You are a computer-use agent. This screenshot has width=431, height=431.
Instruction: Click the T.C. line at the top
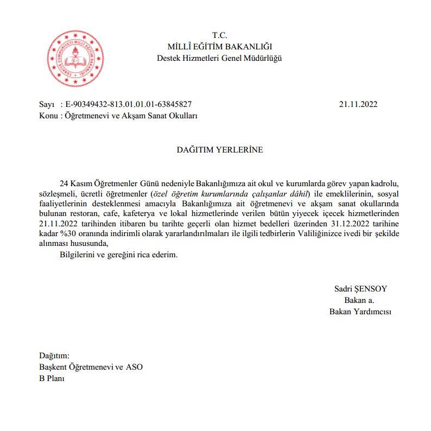[219, 36]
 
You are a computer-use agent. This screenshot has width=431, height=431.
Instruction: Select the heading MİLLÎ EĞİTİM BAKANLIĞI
[219, 47]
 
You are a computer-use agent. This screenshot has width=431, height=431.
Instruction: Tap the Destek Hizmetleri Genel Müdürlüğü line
[219, 58]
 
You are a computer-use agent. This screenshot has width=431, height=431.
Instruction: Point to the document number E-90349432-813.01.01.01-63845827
[129, 104]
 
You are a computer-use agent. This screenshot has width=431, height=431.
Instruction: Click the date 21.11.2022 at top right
[358, 104]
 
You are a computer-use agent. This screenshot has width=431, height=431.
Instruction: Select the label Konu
[48, 116]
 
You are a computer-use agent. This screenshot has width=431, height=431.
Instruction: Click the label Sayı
[47, 104]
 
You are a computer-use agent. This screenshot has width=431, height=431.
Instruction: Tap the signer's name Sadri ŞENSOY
[360, 289]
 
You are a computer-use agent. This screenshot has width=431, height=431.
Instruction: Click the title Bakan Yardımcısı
[360, 312]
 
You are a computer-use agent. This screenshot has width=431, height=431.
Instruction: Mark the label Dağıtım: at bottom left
[54, 356]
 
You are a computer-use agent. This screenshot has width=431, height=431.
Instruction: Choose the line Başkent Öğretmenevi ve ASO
[91, 367]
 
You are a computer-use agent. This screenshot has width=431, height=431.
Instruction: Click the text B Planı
[51, 378]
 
